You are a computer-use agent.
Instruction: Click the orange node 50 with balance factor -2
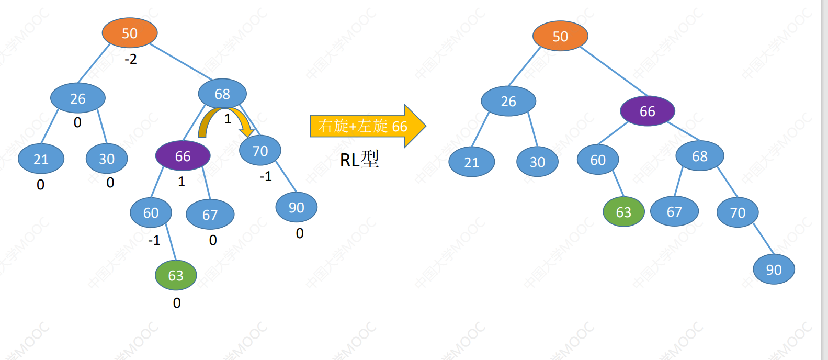pyautogui.click(x=130, y=33)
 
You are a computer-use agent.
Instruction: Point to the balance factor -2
pyautogui.click(x=131, y=59)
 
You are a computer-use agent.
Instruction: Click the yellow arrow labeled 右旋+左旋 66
pyautogui.click(x=368, y=126)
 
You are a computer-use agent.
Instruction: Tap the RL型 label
pyautogui.click(x=359, y=160)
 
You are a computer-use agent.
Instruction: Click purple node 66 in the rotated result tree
pyautogui.click(x=648, y=111)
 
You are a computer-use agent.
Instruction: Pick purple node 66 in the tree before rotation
pyautogui.click(x=183, y=155)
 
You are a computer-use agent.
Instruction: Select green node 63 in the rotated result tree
pyautogui.click(x=623, y=212)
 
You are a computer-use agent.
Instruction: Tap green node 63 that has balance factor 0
pyautogui.click(x=176, y=275)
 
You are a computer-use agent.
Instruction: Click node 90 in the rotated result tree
pyautogui.click(x=774, y=269)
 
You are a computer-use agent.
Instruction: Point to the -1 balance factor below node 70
pyautogui.click(x=266, y=177)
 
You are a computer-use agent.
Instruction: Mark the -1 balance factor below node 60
pyautogui.click(x=154, y=241)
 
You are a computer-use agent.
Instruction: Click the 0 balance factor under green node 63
pyautogui.click(x=177, y=303)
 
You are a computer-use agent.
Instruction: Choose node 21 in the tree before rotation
pyautogui.click(x=41, y=159)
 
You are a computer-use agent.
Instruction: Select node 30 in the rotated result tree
pyautogui.click(x=538, y=162)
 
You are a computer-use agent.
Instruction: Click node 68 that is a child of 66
pyautogui.click(x=700, y=155)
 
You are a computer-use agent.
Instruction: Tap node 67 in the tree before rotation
pyautogui.click(x=210, y=214)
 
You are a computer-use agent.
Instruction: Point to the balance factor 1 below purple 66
pyautogui.click(x=182, y=182)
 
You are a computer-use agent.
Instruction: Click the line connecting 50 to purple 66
pyautogui.click(x=614, y=71)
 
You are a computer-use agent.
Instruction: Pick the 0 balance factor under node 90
pyautogui.click(x=300, y=233)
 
